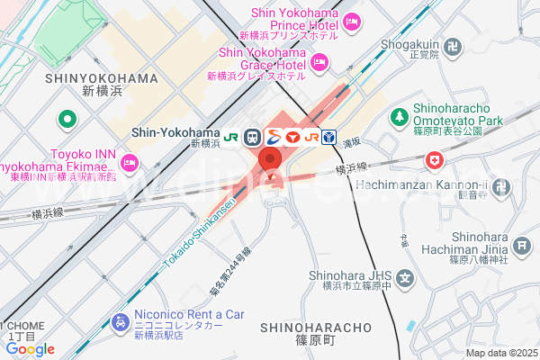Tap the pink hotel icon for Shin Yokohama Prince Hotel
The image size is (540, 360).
(x=351, y=21)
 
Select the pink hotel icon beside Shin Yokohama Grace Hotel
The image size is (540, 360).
(x=319, y=61)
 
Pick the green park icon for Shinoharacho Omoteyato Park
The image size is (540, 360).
(x=399, y=116)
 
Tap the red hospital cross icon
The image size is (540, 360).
(x=436, y=160)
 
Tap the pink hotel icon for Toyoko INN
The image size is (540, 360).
(x=129, y=162)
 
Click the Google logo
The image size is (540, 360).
(x=30, y=349)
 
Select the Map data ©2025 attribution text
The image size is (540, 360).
(x=500, y=353)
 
